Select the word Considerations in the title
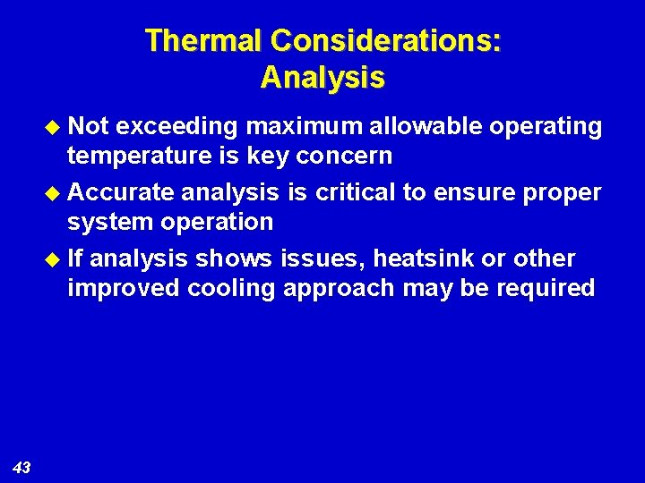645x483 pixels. point(385,41)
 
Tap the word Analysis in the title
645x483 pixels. point(322,78)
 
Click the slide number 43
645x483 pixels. point(22,467)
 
